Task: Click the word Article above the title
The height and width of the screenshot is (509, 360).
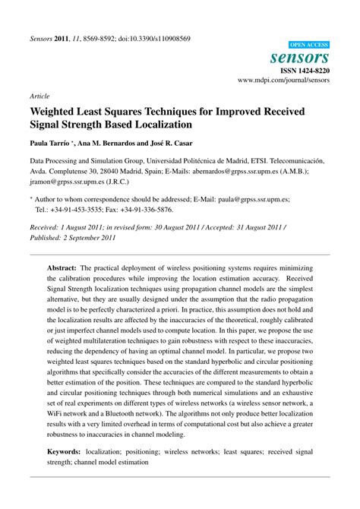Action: click(40, 97)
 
